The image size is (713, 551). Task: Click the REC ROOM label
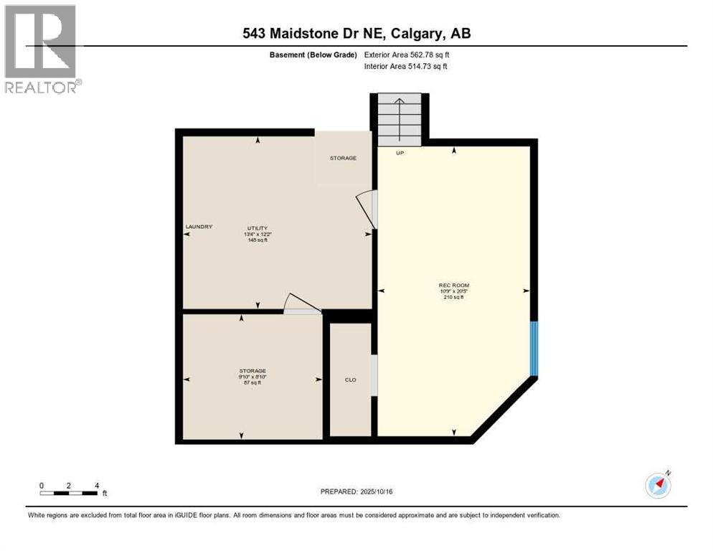coord(453,285)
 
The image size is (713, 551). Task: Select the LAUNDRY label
coord(199,227)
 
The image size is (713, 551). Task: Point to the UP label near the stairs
coord(400,153)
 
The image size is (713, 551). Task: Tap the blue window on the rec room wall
coord(533,349)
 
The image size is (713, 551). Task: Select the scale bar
coord(69,493)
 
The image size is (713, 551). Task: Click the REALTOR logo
coord(41,49)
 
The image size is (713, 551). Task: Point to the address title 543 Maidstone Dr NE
coord(356,34)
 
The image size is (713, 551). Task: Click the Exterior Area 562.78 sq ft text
coord(407,55)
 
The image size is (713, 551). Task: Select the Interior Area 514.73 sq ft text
coord(407,67)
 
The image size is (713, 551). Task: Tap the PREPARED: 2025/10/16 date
coord(356,491)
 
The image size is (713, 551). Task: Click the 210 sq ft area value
coord(453,297)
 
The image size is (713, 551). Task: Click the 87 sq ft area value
coord(252,382)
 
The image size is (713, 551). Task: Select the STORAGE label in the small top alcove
coord(343,158)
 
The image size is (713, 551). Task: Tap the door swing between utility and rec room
coord(367,209)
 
